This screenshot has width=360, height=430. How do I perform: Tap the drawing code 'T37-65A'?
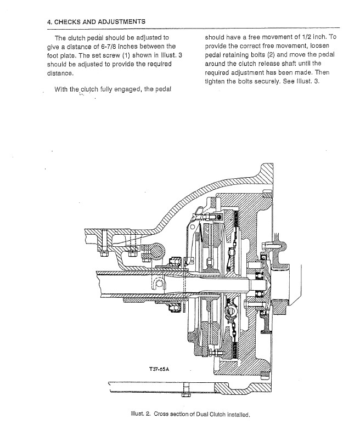(160, 369)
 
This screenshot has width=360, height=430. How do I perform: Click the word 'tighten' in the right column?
(215, 82)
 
